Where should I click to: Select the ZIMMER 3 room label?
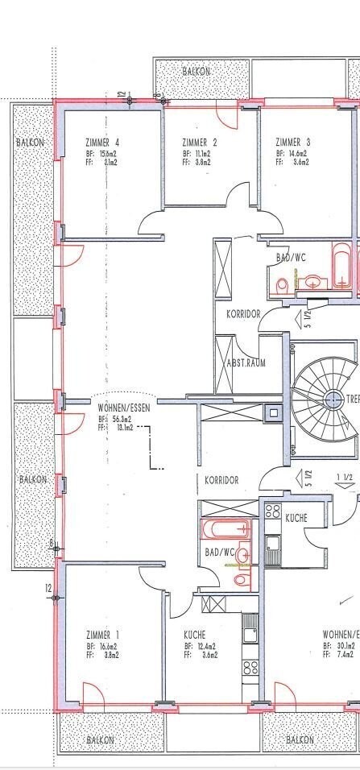tap(293, 143)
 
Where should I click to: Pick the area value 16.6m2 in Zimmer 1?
tap(107, 646)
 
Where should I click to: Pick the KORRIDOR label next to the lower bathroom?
tap(221, 479)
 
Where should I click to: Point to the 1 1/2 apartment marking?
tap(343, 478)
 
